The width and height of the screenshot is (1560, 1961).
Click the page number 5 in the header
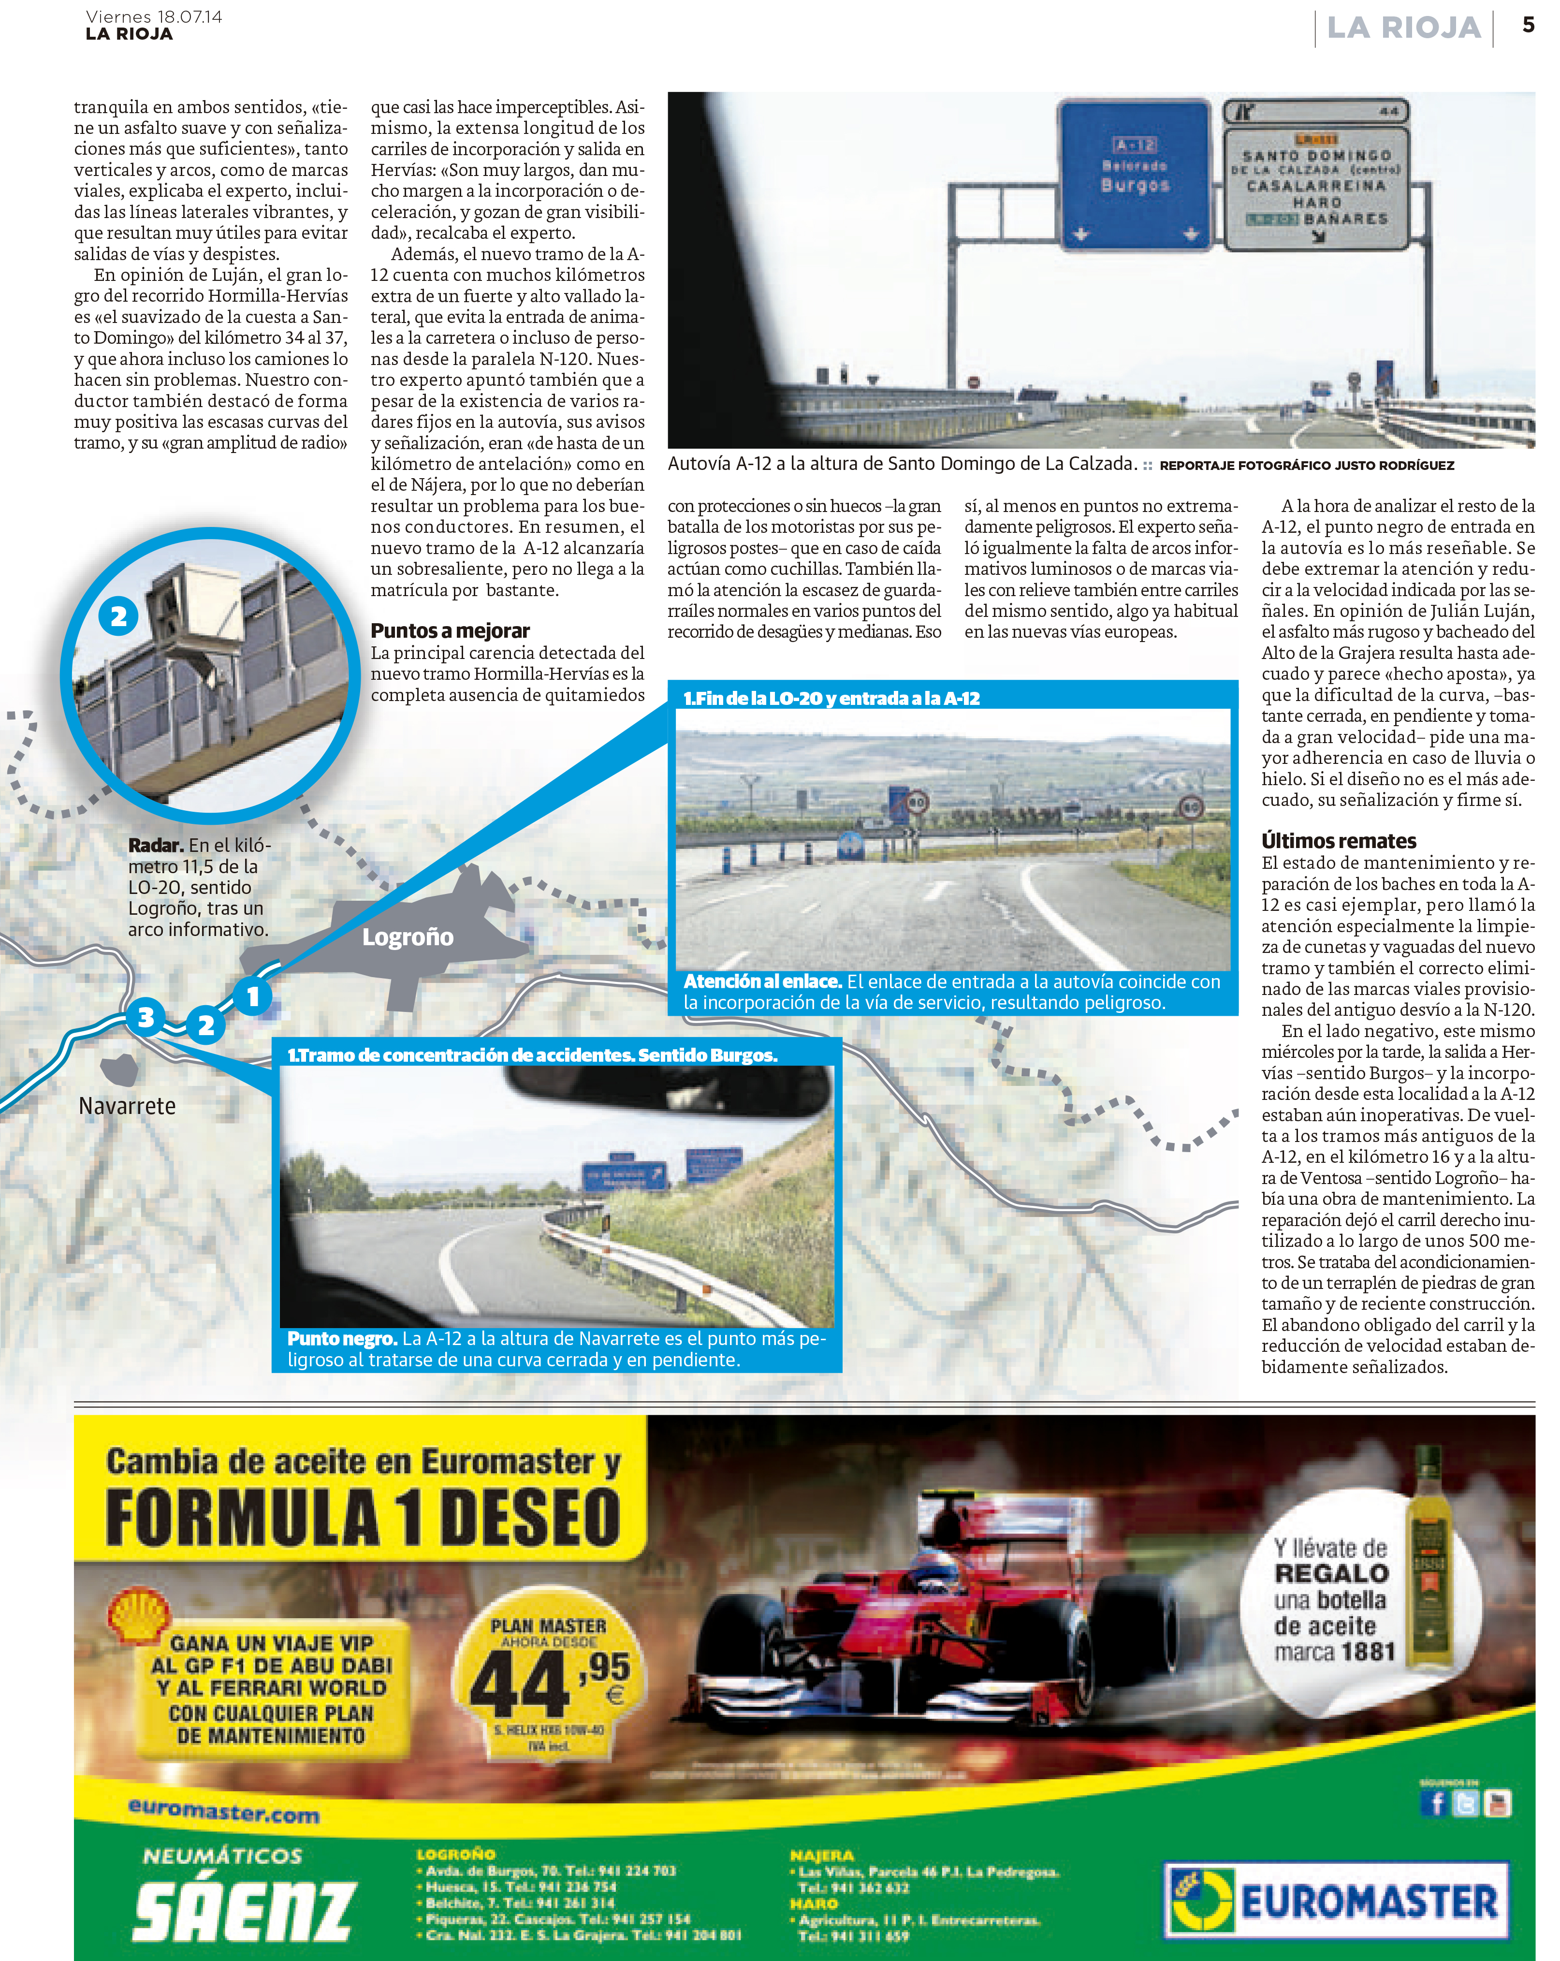pos(1528,26)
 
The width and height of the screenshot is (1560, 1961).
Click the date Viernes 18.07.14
pos(154,16)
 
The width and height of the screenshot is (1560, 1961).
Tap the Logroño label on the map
pos(408,937)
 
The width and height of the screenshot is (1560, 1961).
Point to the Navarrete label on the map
pos(127,1106)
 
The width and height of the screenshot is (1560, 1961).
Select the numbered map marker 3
pos(146,1016)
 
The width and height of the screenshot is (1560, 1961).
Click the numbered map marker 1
pos(253,996)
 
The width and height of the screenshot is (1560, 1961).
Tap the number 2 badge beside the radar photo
pos(118,616)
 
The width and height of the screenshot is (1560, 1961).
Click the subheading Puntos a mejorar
pos(450,630)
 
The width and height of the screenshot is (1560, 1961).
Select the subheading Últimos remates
pos(1338,840)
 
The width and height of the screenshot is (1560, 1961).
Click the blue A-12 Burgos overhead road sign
pos(1134,173)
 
